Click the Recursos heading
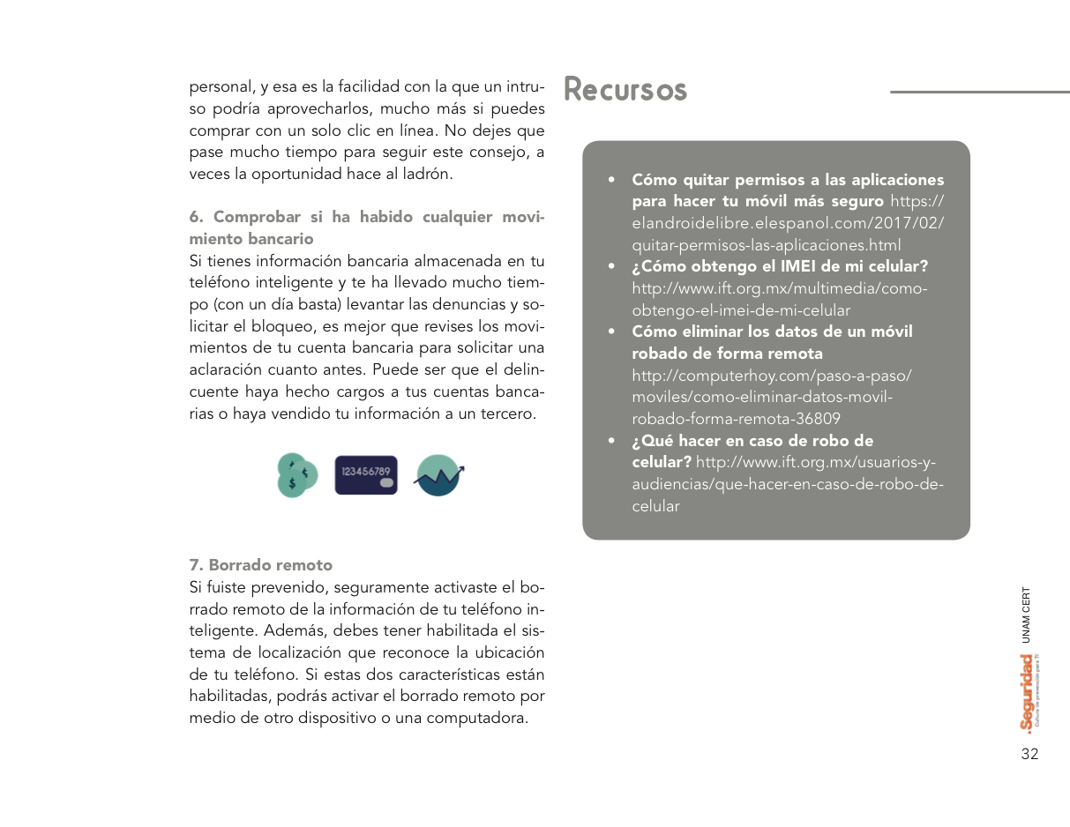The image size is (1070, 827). click(625, 90)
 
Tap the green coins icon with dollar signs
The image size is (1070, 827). click(296, 475)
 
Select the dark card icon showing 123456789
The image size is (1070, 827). click(366, 474)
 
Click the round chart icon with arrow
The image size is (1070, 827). click(438, 475)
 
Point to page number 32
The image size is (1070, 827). click(1029, 754)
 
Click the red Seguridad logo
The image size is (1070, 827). click(1027, 692)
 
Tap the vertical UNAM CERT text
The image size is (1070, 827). click(1026, 615)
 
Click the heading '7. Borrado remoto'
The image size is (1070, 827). click(261, 565)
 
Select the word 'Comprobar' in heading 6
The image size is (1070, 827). click(256, 217)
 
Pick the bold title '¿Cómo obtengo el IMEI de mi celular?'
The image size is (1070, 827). click(780, 266)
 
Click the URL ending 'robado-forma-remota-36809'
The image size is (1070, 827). click(736, 419)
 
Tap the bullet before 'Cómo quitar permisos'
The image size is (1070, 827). click(611, 181)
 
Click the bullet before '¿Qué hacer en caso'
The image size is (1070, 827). click(611, 441)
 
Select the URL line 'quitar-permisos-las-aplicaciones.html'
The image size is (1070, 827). click(766, 245)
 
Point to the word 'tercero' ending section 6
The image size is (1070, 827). click(508, 413)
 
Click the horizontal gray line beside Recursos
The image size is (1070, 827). click(979, 92)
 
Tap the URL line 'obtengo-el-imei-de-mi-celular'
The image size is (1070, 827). click(741, 310)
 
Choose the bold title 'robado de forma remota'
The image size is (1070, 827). click(727, 354)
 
